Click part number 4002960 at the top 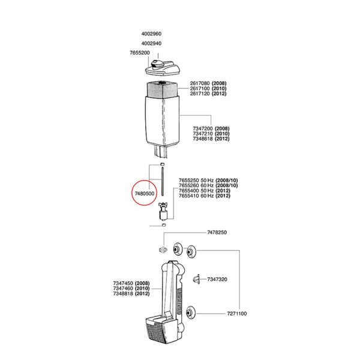coord(151,34)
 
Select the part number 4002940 coord(151,43)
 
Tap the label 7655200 coord(140,53)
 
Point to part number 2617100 coord(200,88)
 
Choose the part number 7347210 coord(203,134)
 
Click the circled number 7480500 coord(145,194)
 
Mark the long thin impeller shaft coord(163,182)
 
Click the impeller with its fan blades coord(163,211)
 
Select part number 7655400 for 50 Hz coord(189,191)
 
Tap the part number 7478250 coord(217,232)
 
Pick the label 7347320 coord(217,280)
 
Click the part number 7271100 coord(237,314)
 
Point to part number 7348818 coord(123,293)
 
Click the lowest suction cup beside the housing coord(191,312)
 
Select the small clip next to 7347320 coord(196,279)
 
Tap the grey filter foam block coord(163,90)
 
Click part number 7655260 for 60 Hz coord(189,185)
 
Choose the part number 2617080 coord(200,83)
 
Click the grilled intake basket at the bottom coord(161,329)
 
